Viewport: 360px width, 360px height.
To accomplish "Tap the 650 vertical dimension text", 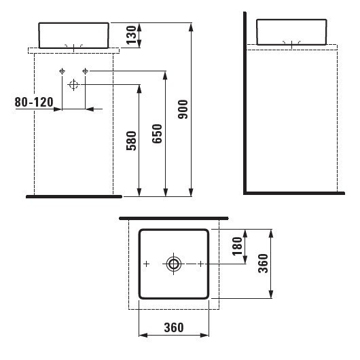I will tap(156, 136).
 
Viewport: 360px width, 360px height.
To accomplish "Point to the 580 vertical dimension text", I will tap(132, 141).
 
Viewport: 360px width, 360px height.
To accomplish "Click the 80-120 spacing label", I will tap(33, 103).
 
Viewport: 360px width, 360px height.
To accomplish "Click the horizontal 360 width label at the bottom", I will tap(173, 327).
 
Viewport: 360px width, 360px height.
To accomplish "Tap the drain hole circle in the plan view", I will tap(174, 264).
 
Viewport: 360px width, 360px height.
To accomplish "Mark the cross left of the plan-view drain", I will tap(146, 264).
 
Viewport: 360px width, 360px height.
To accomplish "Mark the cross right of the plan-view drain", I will tap(202, 264).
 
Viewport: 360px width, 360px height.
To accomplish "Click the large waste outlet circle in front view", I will tap(74, 84).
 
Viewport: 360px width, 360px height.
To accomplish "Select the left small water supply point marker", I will tap(62, 71).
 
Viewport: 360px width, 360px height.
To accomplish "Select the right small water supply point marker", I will tap(86, 71).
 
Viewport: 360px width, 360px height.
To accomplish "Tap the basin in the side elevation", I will tap(292, 31).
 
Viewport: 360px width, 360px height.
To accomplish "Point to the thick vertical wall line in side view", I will tap(245, 102).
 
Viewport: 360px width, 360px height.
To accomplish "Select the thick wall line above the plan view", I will tap(173, 219).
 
